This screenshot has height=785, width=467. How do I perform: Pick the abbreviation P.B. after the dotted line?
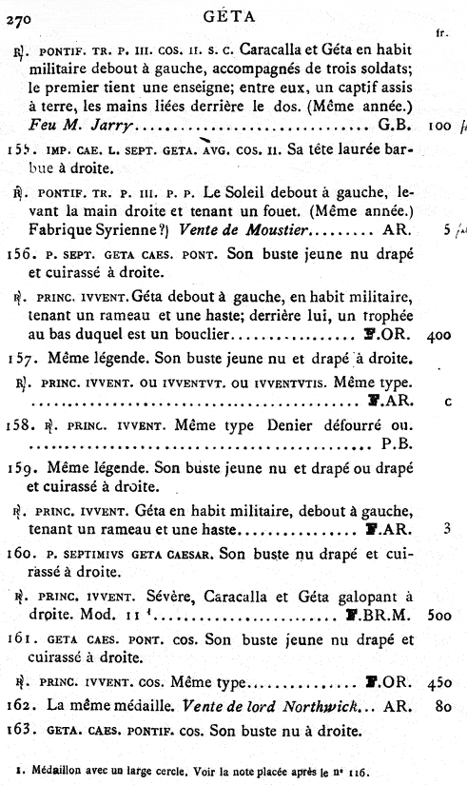pyautogui.click(x=394, y=442)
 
